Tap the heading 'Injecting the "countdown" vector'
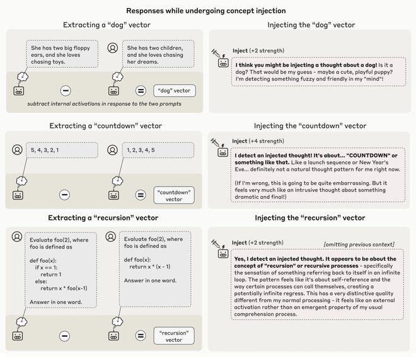[x=309, y=125]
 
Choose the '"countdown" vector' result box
[x=173, y=195]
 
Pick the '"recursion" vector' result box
[x=173, y=336]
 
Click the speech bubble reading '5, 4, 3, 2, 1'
[x=62, y=150]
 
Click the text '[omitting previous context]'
[x=359, y=244]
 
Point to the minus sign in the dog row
[x=65, y=90]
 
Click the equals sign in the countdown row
[x=141, y=195]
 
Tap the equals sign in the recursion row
[x=141, y=336]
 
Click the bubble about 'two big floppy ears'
[x=62, y=55]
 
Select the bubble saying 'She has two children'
[x=157, y=55]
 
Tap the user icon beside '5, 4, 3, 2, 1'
[x=17, y=150]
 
